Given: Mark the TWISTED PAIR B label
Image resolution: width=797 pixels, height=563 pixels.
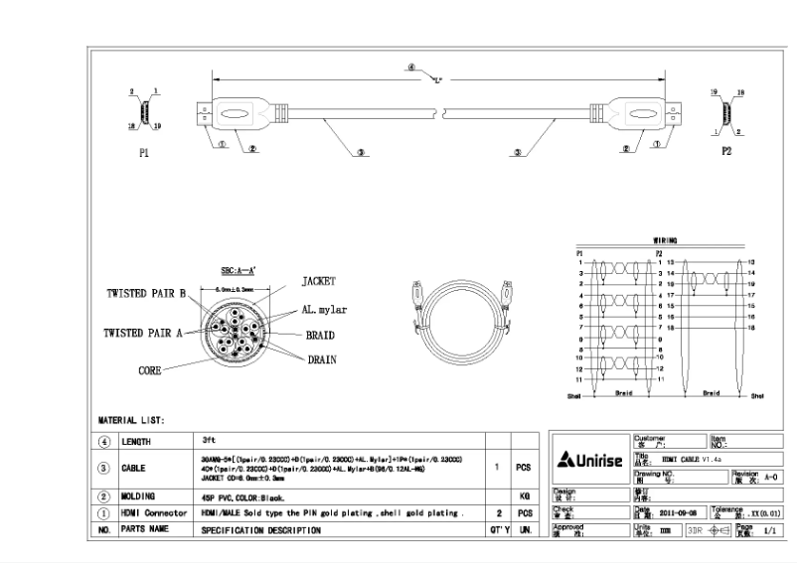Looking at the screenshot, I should click(x=147, y=294).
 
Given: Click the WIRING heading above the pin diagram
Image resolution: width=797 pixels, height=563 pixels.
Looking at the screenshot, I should click(x=665, y=240).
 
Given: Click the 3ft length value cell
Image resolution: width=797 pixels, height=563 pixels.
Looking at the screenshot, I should click(x=210, y=438).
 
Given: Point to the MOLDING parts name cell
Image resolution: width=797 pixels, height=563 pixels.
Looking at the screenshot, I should click(x=142, y=494).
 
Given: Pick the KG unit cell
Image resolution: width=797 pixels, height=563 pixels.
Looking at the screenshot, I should click(x=523, y=494).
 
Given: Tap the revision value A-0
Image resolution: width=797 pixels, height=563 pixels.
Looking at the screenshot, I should click(x=765, y=477).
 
